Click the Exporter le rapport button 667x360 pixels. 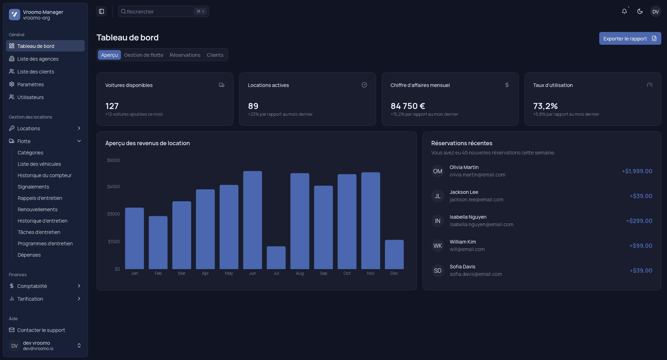click(630, 38)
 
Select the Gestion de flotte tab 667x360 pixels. click(144, 55)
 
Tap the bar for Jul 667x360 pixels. click(276, 257)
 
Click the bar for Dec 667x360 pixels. click(394, 254)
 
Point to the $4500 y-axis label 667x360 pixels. click(114, 187)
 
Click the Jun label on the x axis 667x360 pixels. click(253, 273)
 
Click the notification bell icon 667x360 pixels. click(624, 11)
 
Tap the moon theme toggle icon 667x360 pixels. click(640, 11)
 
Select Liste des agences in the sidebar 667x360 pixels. click(38, 59)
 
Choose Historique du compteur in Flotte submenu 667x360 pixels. click(45, 175)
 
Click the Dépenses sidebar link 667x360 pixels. click(29, 255)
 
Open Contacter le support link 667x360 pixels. click(41, 330)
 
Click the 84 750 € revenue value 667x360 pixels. click(408, 106)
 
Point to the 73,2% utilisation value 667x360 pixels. click(545, 106)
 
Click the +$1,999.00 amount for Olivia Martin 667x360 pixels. click(637, 171)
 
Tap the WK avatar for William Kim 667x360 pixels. click(438, 246)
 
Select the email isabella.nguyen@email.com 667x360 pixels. click(481, 224)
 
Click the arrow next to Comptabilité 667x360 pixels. click(79, 286)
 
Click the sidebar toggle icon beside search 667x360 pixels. click(101, 11)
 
